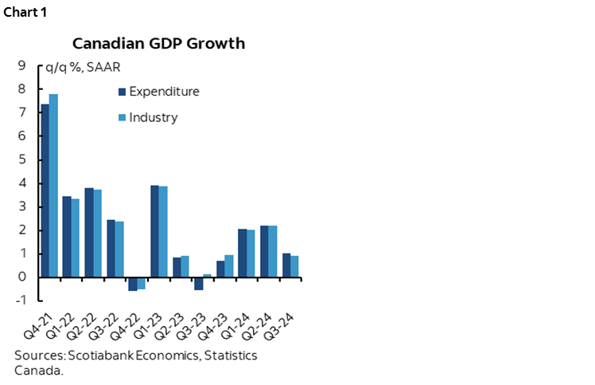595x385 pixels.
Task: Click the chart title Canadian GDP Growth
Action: click(159, 43)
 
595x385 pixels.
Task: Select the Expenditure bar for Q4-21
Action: click(45, 191)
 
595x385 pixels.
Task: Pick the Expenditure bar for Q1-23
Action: click(155, 231)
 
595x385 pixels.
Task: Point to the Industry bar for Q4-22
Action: click(141, 283)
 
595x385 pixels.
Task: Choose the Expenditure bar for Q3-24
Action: click(286, 265)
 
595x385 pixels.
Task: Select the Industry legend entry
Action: click(148, 118)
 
